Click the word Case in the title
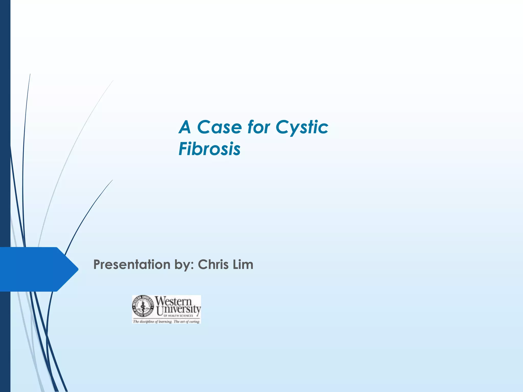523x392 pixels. tap(219, 127)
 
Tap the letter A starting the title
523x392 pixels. tap(185, 127)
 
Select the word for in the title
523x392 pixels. tap(258, 127)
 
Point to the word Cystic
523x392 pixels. tap(302, 128)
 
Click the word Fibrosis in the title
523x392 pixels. tap(209, 149)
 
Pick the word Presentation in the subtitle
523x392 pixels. tap(132, 265)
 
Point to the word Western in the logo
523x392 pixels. tap(173, 301)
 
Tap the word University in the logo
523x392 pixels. tap(179, 310)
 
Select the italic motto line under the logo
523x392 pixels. tap(166, 322)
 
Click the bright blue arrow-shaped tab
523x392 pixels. tap(33, 269)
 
